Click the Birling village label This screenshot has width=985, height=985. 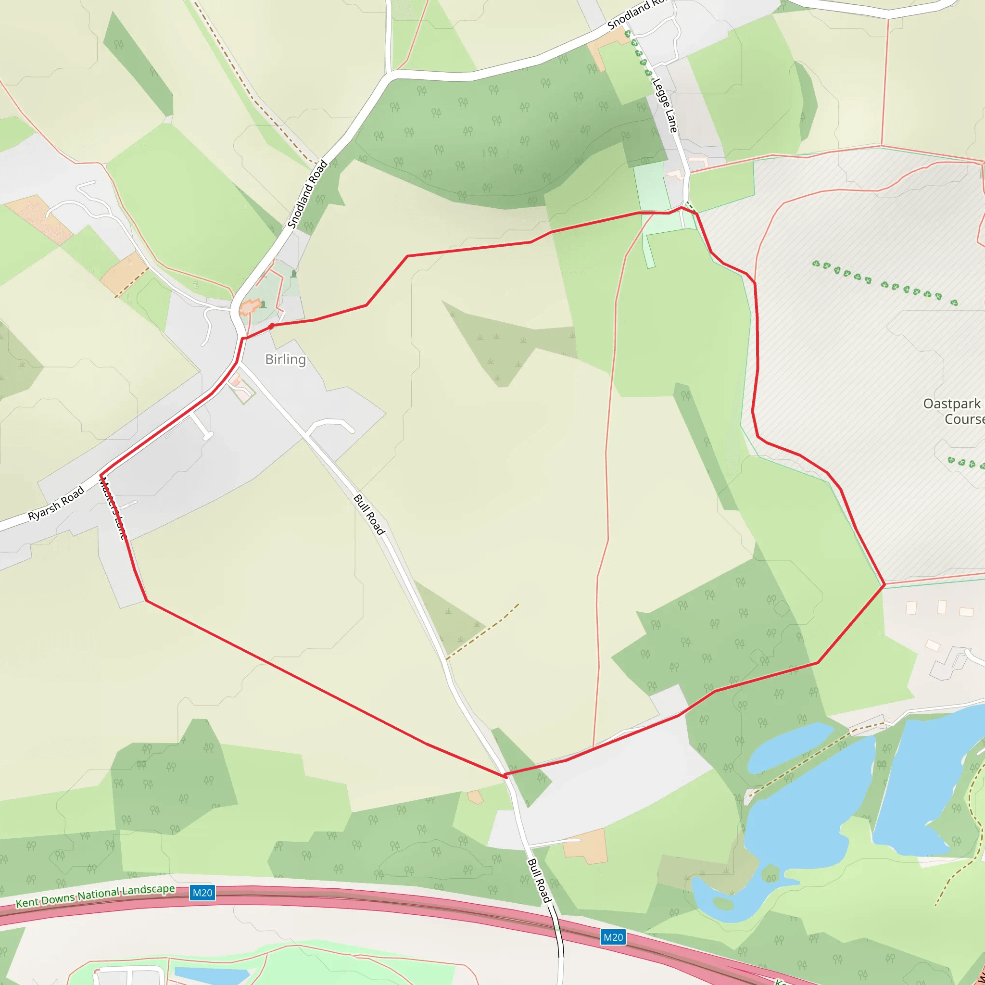(x=286, y=359)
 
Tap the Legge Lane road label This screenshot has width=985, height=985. (x=665, y=105)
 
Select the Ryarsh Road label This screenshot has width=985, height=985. (x=56, y=504)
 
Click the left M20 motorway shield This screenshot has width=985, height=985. (x=202, y=893)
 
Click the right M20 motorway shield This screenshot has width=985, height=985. (x=613, y=937)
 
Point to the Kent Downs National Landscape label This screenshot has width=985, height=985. (x=95, y=896)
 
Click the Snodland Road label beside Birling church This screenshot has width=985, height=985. (x=307, y=194)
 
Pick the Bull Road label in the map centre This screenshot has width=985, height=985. (x=368, y=515)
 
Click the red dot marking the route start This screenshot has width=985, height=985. (x=272, y=326)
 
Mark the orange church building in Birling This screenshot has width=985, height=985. (x=249, y=308)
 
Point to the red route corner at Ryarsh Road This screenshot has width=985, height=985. (x=101, y=475)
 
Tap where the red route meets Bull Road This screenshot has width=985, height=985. (x=505, y=775)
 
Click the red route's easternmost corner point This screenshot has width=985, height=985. (x=884, y=584)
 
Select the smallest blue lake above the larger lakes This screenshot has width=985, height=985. (x=788, y=747)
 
